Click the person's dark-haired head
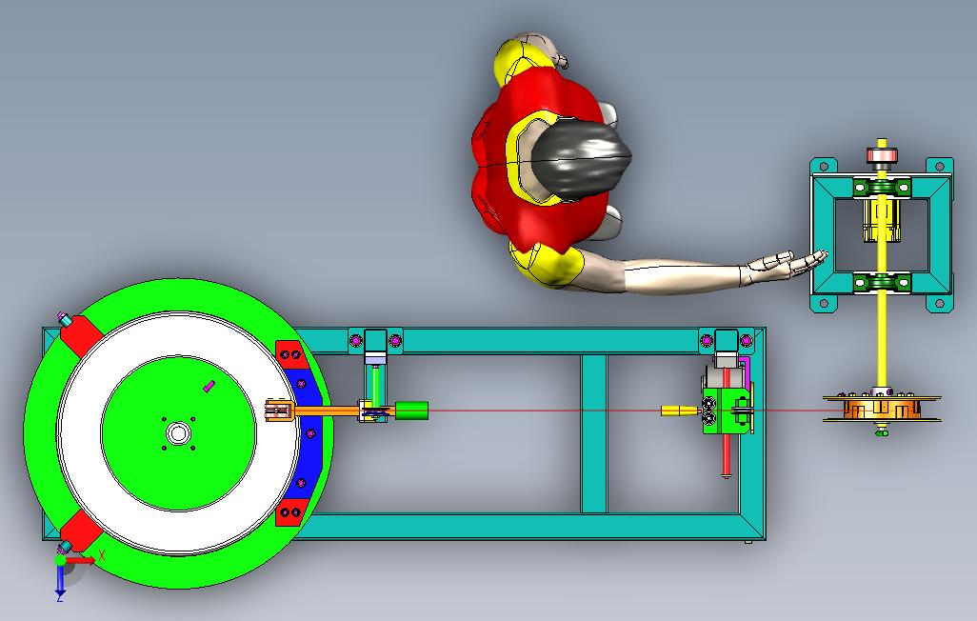point(583,159)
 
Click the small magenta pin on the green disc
point(209,387)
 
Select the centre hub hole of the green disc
point(178,432)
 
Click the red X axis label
point(102,555)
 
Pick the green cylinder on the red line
point(411,411)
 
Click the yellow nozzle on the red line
point(680,411)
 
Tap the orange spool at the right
point(882,409)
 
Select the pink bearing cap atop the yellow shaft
point(882,155)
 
